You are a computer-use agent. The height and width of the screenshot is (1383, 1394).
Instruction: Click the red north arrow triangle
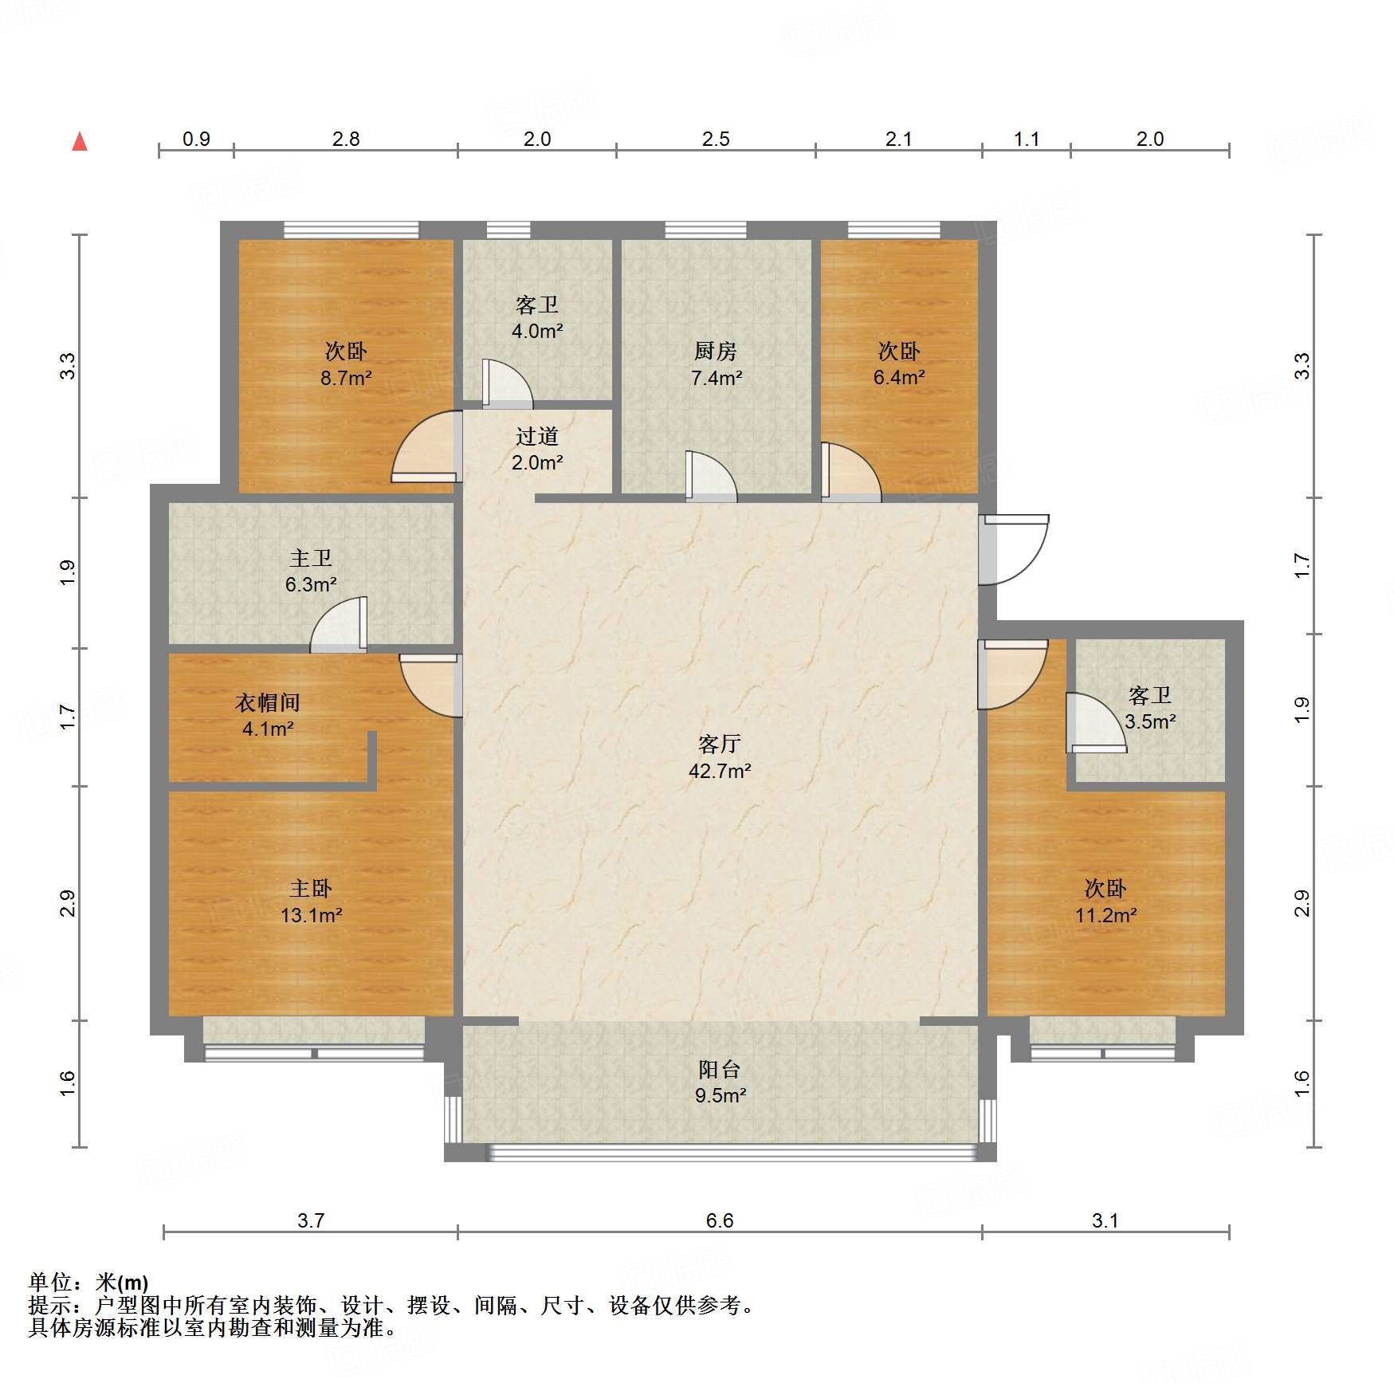(80, 141)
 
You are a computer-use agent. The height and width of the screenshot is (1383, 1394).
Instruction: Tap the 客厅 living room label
(720, 745)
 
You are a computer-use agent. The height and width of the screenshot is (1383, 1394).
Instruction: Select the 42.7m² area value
(720, 771)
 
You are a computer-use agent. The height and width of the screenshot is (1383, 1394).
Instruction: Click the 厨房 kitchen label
(716, 351)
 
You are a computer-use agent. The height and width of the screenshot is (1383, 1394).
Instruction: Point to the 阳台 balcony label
(720, 1069)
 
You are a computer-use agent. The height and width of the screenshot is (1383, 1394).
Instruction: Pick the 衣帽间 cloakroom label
(268, 702)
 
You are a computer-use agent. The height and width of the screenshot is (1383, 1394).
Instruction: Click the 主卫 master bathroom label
(311, 558)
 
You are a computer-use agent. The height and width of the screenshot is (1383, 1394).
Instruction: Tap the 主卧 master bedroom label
(311, 888)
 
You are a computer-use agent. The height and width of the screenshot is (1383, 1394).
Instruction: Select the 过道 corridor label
(537, 436)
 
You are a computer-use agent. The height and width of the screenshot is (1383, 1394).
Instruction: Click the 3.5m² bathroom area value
(1150, 722)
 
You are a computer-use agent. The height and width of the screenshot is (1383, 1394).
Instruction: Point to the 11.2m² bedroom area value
(1105, 915)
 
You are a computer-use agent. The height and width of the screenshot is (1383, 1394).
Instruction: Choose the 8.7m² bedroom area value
(346, 378)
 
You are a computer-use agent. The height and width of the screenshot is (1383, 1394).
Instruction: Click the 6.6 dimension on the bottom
(720, 1220)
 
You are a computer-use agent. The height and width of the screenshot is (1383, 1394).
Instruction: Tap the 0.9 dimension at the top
(196, 139)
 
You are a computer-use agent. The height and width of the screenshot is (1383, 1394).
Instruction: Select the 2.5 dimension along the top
(716, 139)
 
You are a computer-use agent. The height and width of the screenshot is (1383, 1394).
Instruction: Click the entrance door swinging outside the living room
(1014, 550)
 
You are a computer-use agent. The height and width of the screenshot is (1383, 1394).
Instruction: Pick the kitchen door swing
(712, 477)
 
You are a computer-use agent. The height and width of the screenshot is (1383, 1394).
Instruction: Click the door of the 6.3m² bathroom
(339, 624)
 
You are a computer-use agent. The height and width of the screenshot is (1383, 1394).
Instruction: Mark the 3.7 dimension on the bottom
(311, 1220)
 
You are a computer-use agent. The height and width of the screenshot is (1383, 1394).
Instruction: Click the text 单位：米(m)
(88, 1283)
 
